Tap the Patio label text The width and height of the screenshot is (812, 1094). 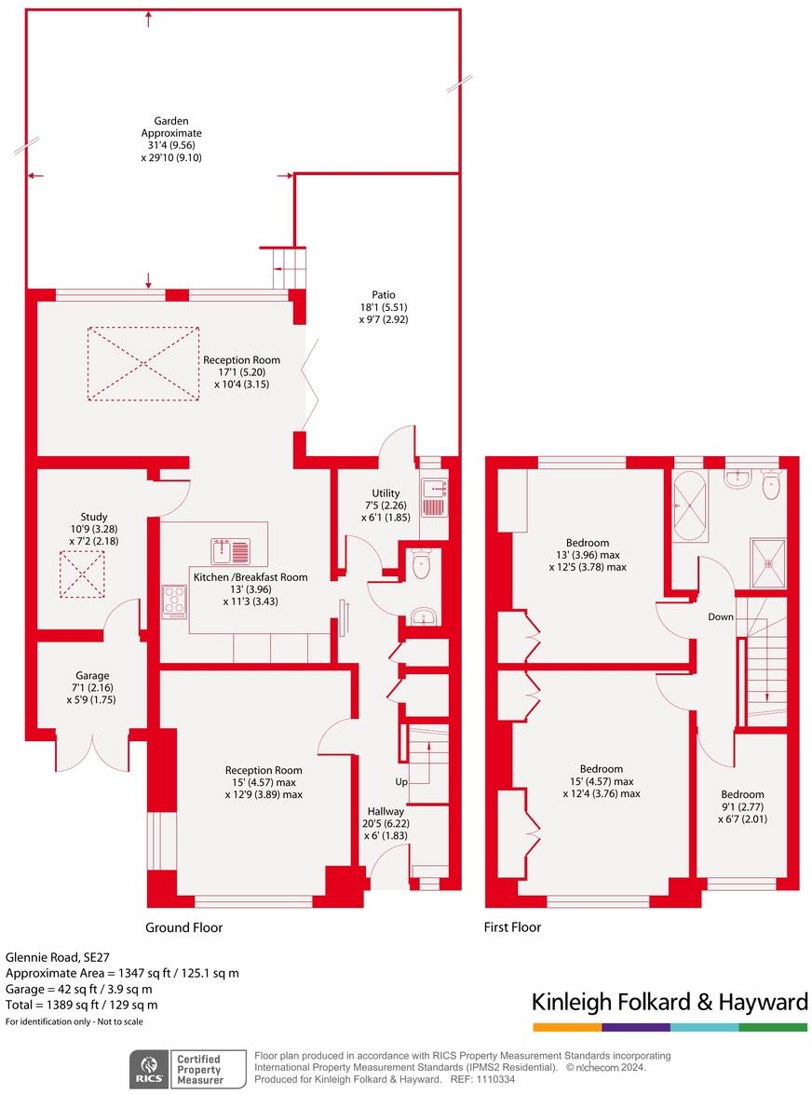click(x=384, y=295)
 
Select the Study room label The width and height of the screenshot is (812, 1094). click(x=94, y=517)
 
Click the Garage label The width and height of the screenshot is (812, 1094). click(x=92, y=676)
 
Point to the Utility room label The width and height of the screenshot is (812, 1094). click(x=386, y=493)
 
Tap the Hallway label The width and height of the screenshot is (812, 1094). click(x=386, y=811)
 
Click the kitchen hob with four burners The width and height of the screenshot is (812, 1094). click(x=174, y=601)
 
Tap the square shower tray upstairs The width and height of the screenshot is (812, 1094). click(x=768, y=562)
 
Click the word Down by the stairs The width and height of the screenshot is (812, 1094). click(x=721, y=617)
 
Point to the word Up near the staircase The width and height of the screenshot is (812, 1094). click(x=401, y=780)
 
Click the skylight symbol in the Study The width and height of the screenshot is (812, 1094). click(x=81, y=575)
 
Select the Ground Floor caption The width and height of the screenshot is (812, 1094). click(x=183, y=927)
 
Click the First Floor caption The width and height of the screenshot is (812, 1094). click(x=512, y=927)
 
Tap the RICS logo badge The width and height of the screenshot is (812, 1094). click(x=148, y=1068)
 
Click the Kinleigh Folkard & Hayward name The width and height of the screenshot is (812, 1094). click(x=669, y=1002)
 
